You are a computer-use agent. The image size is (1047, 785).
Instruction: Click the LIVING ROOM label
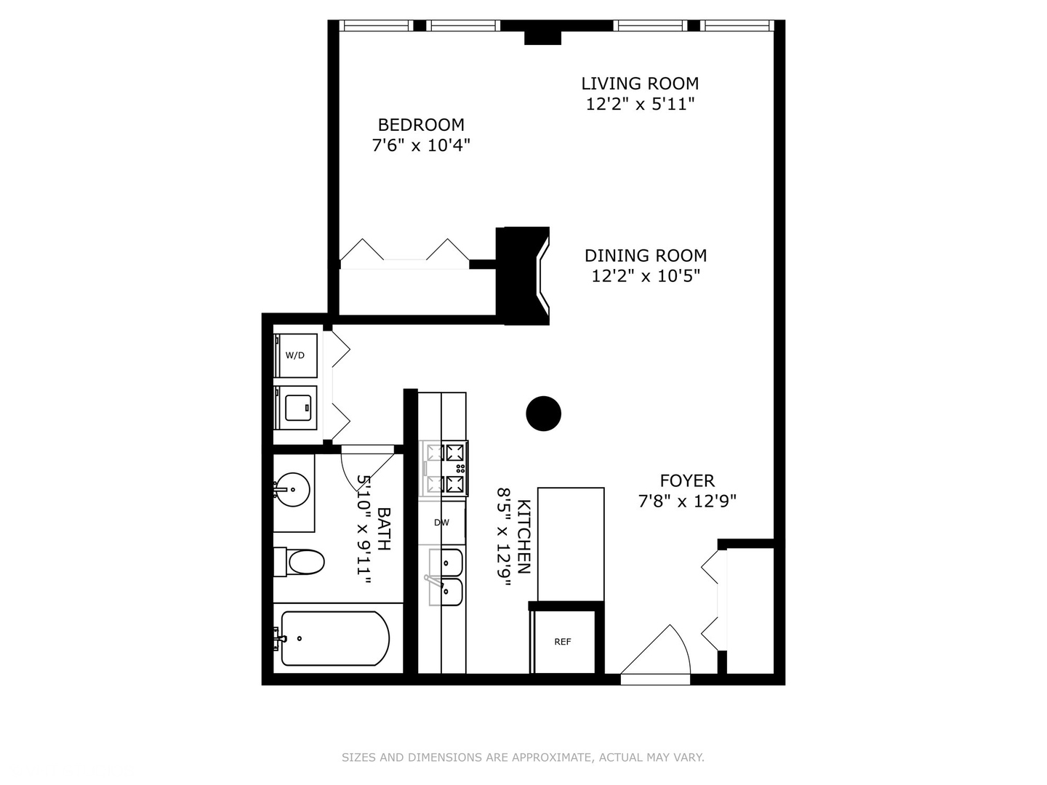click(x=640, y=84)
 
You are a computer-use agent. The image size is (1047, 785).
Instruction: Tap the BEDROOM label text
click(x=421, y=125)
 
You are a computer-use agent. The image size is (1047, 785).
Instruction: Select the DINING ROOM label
click(x=646, y=256)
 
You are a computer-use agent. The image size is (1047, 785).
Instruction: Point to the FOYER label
click(x=687, y=480)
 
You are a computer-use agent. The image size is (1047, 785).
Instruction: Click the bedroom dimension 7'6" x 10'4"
click(x=421, y=145)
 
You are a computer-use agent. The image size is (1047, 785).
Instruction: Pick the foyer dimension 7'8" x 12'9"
click(x=687, y=501)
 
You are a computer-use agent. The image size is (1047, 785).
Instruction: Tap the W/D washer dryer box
click(x=296, y=355)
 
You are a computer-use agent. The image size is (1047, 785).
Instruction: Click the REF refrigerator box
click(x=563, y=642)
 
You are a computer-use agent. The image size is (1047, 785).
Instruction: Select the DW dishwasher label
click(x=441, y=523)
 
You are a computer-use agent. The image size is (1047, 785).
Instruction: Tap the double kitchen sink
click(x=445, y=577)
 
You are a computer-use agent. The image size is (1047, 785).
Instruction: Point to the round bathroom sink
click(x=292, y=490)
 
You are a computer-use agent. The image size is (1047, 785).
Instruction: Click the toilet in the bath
click(x=300, y=562)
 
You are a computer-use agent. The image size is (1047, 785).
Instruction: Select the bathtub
click(x=334, y=639)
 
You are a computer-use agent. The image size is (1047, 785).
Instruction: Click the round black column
click(x=544, y=414)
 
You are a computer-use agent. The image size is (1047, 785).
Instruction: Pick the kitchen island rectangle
click(x=571, y=544)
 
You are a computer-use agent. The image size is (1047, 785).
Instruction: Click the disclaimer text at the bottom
click(x=523, y=757)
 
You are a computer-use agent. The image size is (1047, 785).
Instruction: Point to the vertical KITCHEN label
click(x=523, y=537)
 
